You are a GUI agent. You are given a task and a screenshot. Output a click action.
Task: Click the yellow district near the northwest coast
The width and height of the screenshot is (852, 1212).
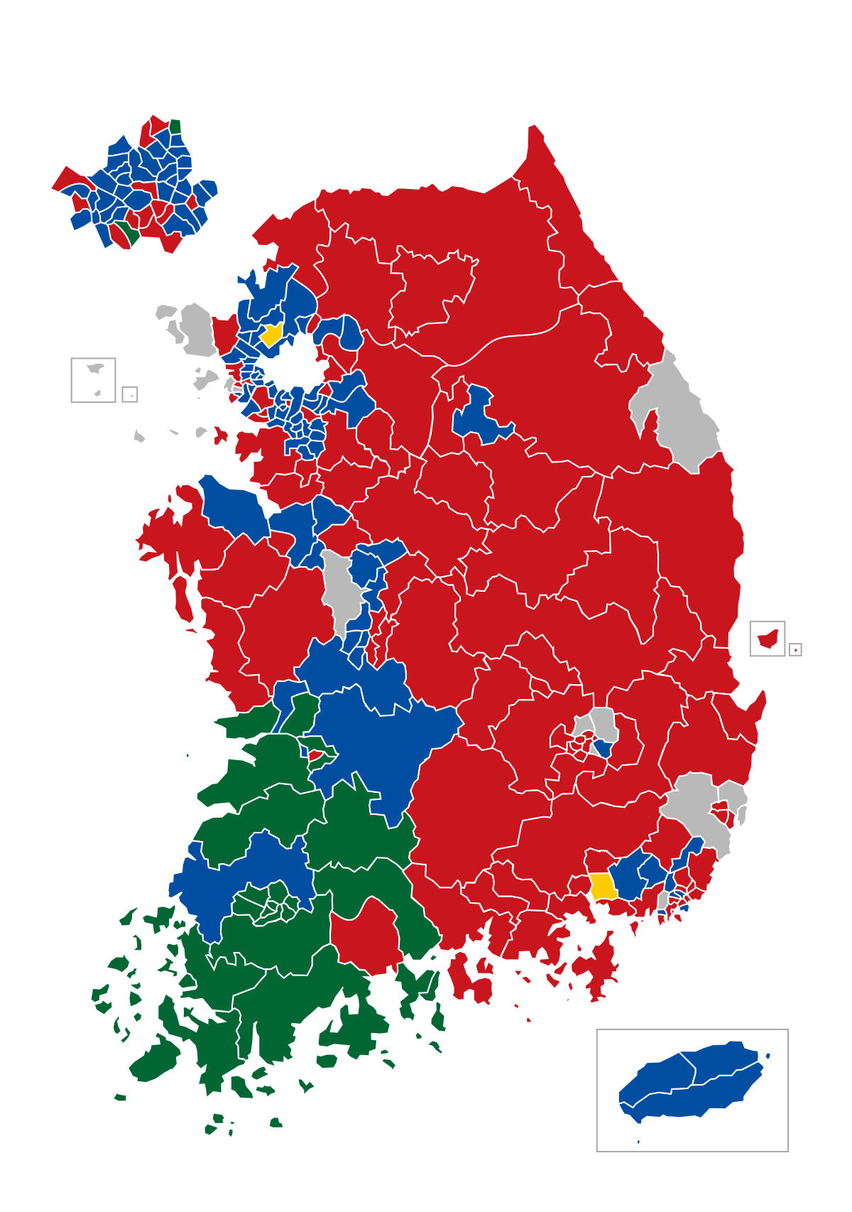click(x=271, y=334)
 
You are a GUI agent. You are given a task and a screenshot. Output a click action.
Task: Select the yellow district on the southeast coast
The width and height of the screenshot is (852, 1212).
click(x=602, y=886)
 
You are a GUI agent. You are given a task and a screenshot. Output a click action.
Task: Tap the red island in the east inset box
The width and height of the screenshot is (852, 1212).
click(x=767, y=639)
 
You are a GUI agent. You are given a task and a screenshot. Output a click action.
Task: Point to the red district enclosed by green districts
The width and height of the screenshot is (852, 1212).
click(x=366, y=934)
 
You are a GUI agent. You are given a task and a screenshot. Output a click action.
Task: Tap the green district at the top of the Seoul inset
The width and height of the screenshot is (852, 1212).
click(x=175, y=127)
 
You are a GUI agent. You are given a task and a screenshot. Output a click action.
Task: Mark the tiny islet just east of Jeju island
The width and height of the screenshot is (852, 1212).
click(x=768, y=1056)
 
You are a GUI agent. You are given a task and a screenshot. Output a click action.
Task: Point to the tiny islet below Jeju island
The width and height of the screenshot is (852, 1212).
click(x=638, y=1142)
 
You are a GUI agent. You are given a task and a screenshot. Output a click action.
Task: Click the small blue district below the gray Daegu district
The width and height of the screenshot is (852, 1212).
click(x=603, y=748)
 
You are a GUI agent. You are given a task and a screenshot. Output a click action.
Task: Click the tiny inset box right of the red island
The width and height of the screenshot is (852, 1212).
click(x=795, y=649)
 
